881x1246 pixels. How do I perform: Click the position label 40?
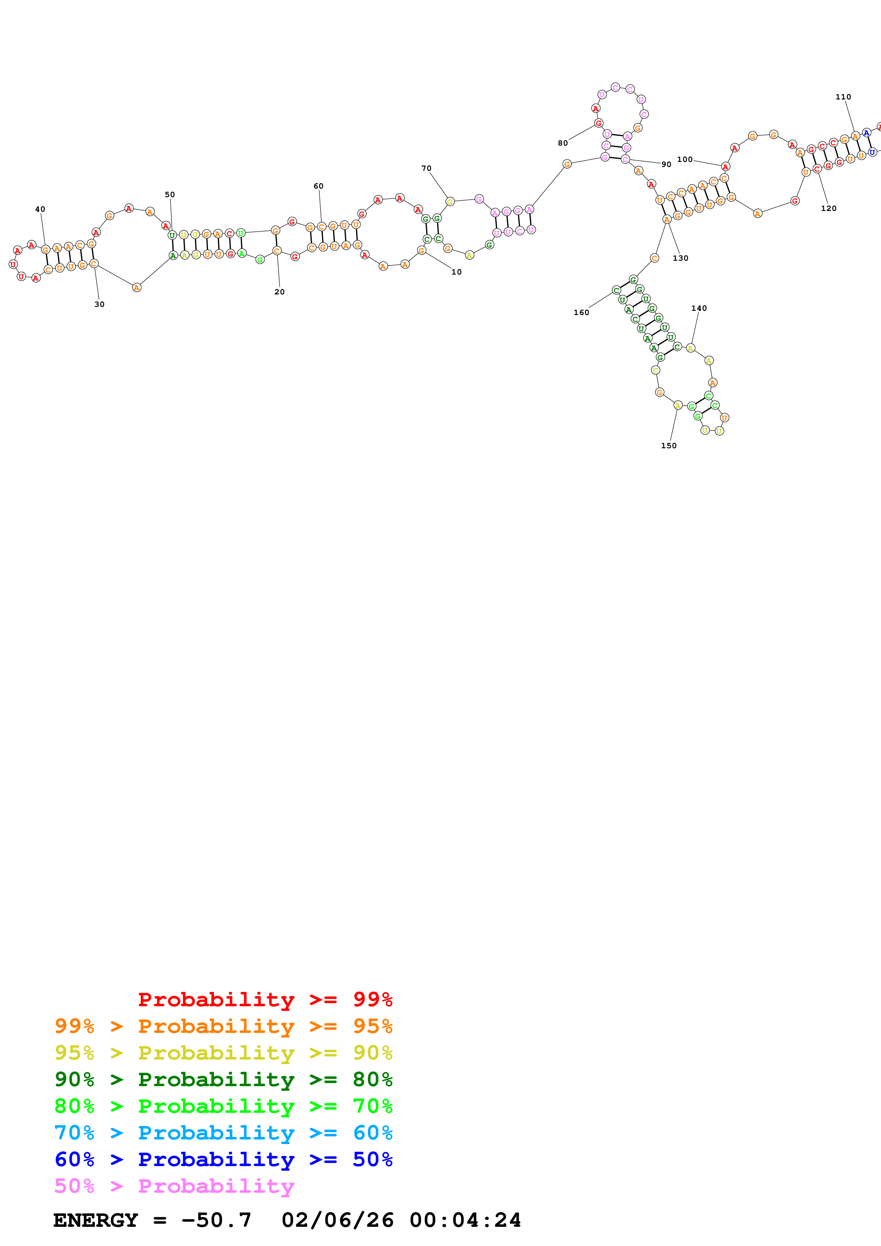tap(40, 209)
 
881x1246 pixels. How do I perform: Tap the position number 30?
tap(100, 304)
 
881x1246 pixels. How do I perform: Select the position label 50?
tap(170, 194)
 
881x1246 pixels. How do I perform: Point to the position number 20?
tap(280, 292)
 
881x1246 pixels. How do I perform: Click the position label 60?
tap(319, 186)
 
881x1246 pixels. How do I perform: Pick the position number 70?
tap(427, 168)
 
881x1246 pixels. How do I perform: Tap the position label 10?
tap(457, 272)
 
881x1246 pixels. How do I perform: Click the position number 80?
tap(563, 143)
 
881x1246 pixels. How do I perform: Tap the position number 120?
tap(829, 208)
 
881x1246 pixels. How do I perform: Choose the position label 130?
tap(681, 258)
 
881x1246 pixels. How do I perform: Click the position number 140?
tap(699, 308)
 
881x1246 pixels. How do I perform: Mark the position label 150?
tap(669, 445)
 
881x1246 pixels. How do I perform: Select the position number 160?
tap(581, 313)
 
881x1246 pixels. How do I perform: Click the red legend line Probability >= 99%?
tap(265, 999)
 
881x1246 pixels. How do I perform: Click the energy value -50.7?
tap(216, 1220)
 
